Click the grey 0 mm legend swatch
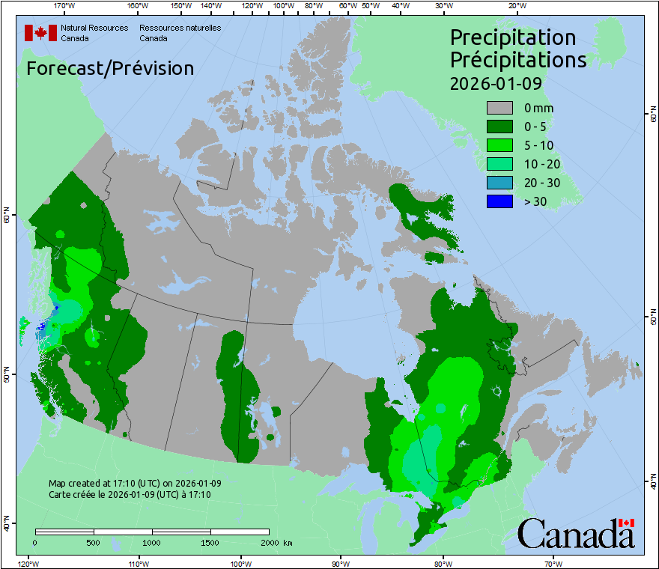[x=499, y=109]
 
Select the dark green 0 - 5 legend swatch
[x=499, y=127]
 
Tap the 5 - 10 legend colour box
[x=499, y=145]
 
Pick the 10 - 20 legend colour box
[x=499, y=164]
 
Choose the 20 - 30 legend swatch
[x=499, y=183]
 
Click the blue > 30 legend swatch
[x=499, y=201]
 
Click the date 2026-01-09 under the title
[x=495, y=83]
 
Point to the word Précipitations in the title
[x=517, y=59]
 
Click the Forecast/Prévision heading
[x=110, y=68]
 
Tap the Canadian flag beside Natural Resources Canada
[x=40, y=33]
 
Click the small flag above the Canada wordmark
[x=627, y=523]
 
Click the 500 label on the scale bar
[x=94, y=542]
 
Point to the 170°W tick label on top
[x=65, y=6]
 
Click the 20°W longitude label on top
[x=515, y=6]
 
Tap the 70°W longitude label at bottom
[x=553, y=563]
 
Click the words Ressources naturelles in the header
[x=180, y=28]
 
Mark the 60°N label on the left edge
[x=7, y=218]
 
